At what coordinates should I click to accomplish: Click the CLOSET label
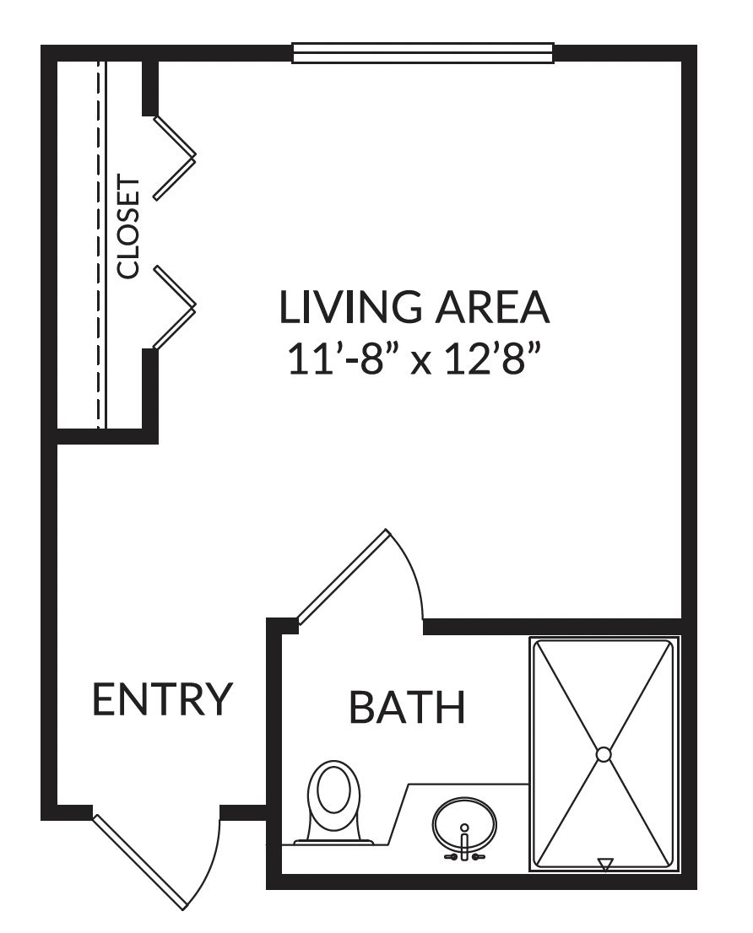click(x=128, y=226)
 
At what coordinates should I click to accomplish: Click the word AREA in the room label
click(x=492, y=307)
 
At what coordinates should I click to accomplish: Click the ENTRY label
click(x=162, y=698)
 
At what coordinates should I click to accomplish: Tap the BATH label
click(x=407, y=707)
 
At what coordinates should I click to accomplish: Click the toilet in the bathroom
click(x=333, y=802)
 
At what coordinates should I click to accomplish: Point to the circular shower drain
click(x=604, y=754)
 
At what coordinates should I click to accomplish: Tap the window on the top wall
click(x=423, y=53)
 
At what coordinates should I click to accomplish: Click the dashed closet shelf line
click(x=98, y=244)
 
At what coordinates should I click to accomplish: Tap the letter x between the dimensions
click(x=421, y=363)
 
